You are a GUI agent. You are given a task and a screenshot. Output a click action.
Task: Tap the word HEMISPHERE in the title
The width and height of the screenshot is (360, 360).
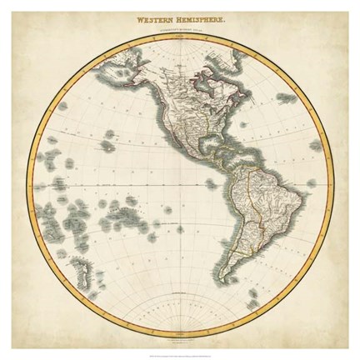(x=202, y=12)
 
